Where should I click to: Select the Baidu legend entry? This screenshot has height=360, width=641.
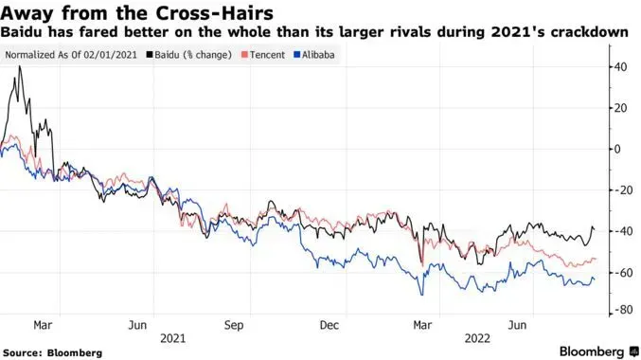pos(193,54)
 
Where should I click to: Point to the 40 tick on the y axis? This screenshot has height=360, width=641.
pos(619,67)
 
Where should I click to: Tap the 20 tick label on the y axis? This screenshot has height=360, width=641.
pos(619,108)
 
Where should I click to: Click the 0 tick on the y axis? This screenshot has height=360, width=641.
pos(616,149)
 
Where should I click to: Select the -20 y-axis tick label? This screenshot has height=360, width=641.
pos(621,189)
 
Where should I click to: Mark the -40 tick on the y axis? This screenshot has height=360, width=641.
pos(621,231)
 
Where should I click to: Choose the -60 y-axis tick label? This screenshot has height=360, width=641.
pos(621,272)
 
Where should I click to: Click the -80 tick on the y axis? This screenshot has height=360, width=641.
pos(621,309)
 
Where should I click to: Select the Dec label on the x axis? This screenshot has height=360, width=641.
pos(330,324)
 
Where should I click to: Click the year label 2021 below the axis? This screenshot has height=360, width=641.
pos(172,336)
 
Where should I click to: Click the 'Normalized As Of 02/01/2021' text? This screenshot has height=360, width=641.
pos(72,54)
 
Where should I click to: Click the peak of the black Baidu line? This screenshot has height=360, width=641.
pos(20,66)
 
